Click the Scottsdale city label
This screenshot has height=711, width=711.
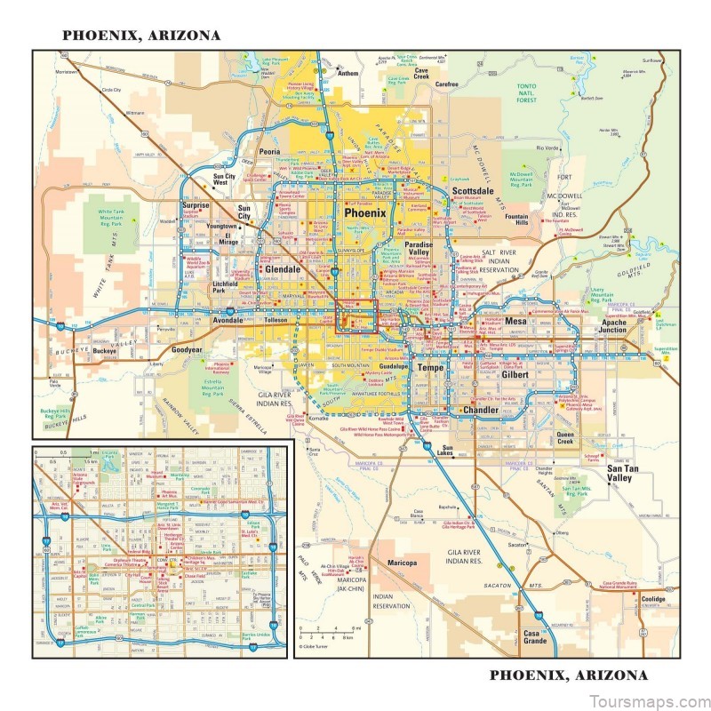pyautogui.click(x=473, y=191)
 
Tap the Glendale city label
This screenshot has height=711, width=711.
pyautogui.click(x=283, y=268)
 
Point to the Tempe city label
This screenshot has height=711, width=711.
pyautogui.click(x=430, y=367)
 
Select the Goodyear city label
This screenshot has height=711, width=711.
pyautogui.click(x=188, y=350)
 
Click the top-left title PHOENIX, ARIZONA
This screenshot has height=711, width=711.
pyautogui.click(x=140, y=36)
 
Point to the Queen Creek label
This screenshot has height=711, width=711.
pyautogui.click(x=566, y=437)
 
